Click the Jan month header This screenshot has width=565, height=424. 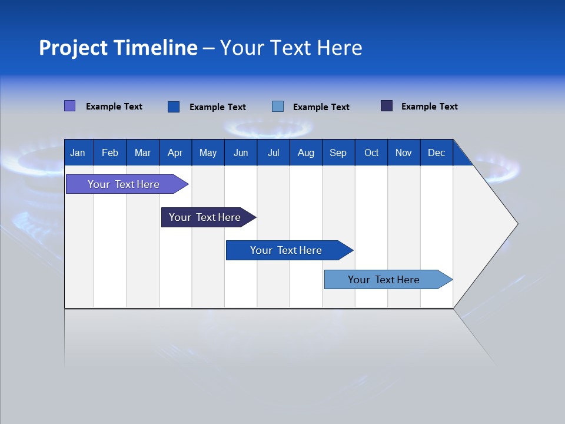78,153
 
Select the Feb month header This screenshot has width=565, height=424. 110,153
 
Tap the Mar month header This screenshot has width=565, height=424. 142,153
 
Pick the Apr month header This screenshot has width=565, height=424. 175,153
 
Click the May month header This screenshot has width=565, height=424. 208,153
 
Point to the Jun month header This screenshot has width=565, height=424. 241,153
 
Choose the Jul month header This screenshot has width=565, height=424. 273,153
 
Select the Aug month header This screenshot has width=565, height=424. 306,153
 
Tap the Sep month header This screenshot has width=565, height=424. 338,153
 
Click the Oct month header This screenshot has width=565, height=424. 371,153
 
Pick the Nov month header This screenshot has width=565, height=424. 404,153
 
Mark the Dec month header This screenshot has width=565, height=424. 437,153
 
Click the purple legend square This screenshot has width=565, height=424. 69,106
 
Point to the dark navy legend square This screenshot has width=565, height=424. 387,106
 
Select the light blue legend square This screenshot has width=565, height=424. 278,107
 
